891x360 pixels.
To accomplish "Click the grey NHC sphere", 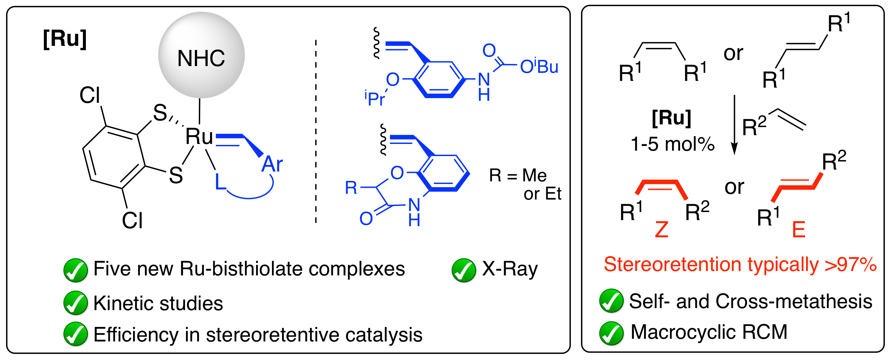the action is point(201,55).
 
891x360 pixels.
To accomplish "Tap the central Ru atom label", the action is point(199,136).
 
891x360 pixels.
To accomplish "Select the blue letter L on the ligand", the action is point(220,182).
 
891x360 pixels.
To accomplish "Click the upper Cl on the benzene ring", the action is point(90,95).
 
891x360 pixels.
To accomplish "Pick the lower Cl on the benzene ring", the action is point(132,220).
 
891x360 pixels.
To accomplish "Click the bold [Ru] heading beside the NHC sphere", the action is point(65,39).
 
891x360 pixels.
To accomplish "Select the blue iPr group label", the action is point(375,98).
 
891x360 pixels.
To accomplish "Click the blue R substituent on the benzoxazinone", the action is point(351,188).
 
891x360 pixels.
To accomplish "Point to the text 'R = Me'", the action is point(518,175).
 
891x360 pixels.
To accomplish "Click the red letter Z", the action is point(662,230).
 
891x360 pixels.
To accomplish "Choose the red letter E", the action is point(799,230).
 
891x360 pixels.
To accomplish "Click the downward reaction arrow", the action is point(734,125).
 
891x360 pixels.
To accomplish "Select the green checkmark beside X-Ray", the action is point(464,270).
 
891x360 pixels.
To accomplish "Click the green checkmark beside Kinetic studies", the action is point(75,303).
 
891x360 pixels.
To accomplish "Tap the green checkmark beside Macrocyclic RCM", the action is point(611,333).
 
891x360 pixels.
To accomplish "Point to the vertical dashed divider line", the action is point(316,131).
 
